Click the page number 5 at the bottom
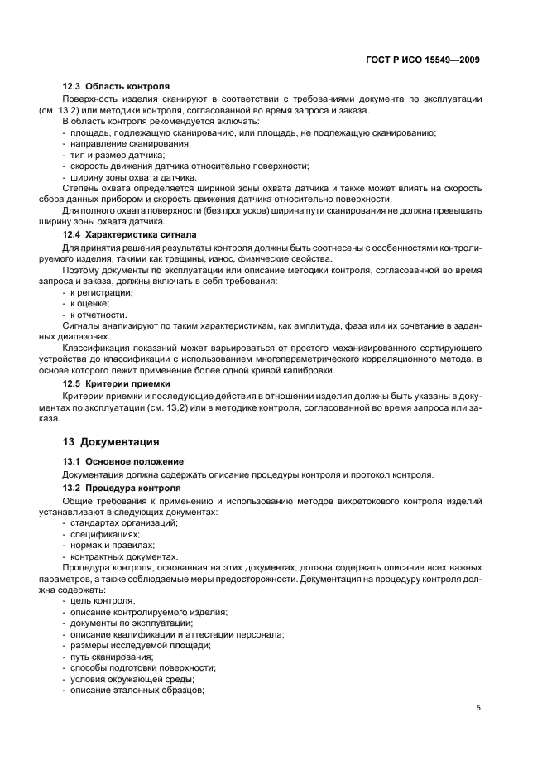click(x=478, y=708)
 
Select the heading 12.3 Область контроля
click(x=117, y=86)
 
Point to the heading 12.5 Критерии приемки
click(x=118, y=384)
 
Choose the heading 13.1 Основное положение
click(x=123, y=460)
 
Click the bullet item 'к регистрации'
click(x=98, y=293)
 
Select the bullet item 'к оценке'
click(x=89, y=304)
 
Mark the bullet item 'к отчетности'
click(x=95, y=315)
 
